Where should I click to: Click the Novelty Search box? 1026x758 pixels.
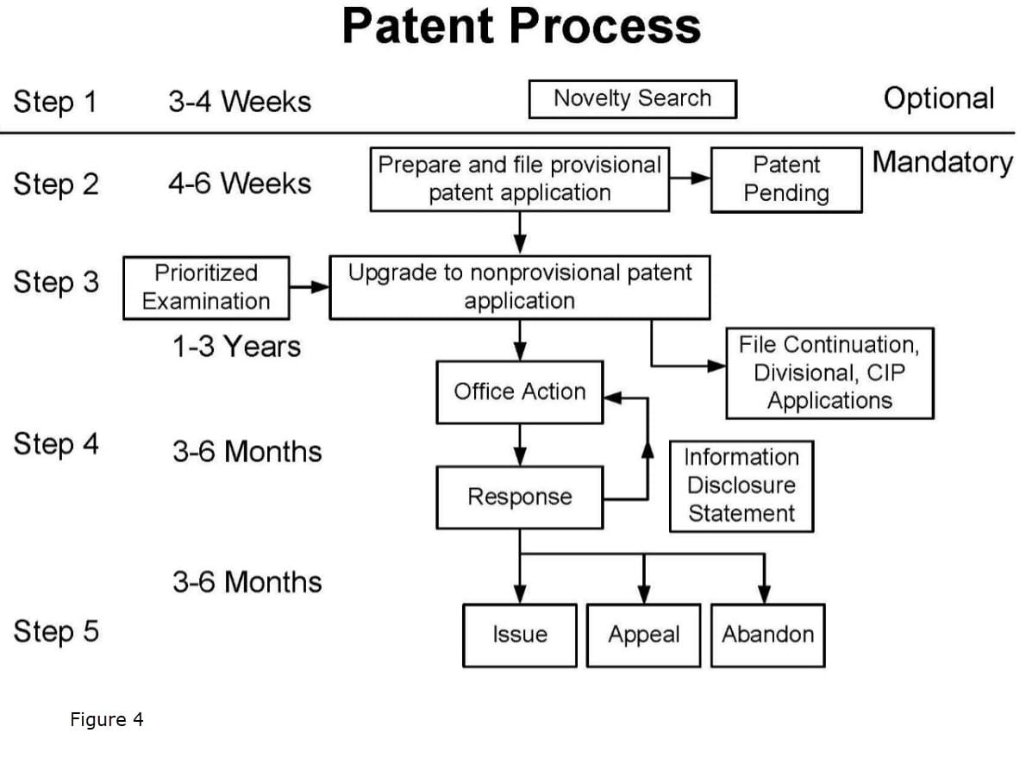pyautogui.click(x=632, y=99)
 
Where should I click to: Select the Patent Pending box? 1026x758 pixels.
pyautogui.click(x=785, y=179)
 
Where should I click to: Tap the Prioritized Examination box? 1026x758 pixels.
pyautogui.click(x=206, y=287)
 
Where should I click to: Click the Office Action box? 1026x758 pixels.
pyautogui.click(x=519, y=392)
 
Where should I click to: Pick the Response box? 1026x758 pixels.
pyautogui.click(x=519, y=497)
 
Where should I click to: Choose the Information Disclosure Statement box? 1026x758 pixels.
pyautogui.click(x=741, y=485)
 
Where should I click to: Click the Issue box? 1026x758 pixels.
pyautogui.click(x=519, y=635)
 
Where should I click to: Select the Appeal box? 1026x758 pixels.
pyautogui.click(x=643, y=635)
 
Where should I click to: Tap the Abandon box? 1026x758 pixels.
pyautogui.click(x=767, y=635)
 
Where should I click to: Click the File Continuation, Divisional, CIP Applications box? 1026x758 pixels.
pyautogui.click(x=829, y=373)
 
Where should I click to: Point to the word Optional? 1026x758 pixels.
pyautogui.click(x=938, y=98)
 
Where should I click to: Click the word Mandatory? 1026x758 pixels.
pyautogui.click(x=942, y=162)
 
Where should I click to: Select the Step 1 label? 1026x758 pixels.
pyautogui.click(x=56, y=102)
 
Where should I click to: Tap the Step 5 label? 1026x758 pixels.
pyautogui.click(x=56, y=631)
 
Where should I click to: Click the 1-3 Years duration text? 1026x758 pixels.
pyautogui.click(x=235, y=347)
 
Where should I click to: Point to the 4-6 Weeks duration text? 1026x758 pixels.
pyautogui.click(x=239, y=184)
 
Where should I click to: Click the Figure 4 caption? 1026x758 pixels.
pyautogui.click(x=107, y=719)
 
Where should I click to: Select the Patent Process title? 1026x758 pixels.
pyautogui.click(x=521, y=28)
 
